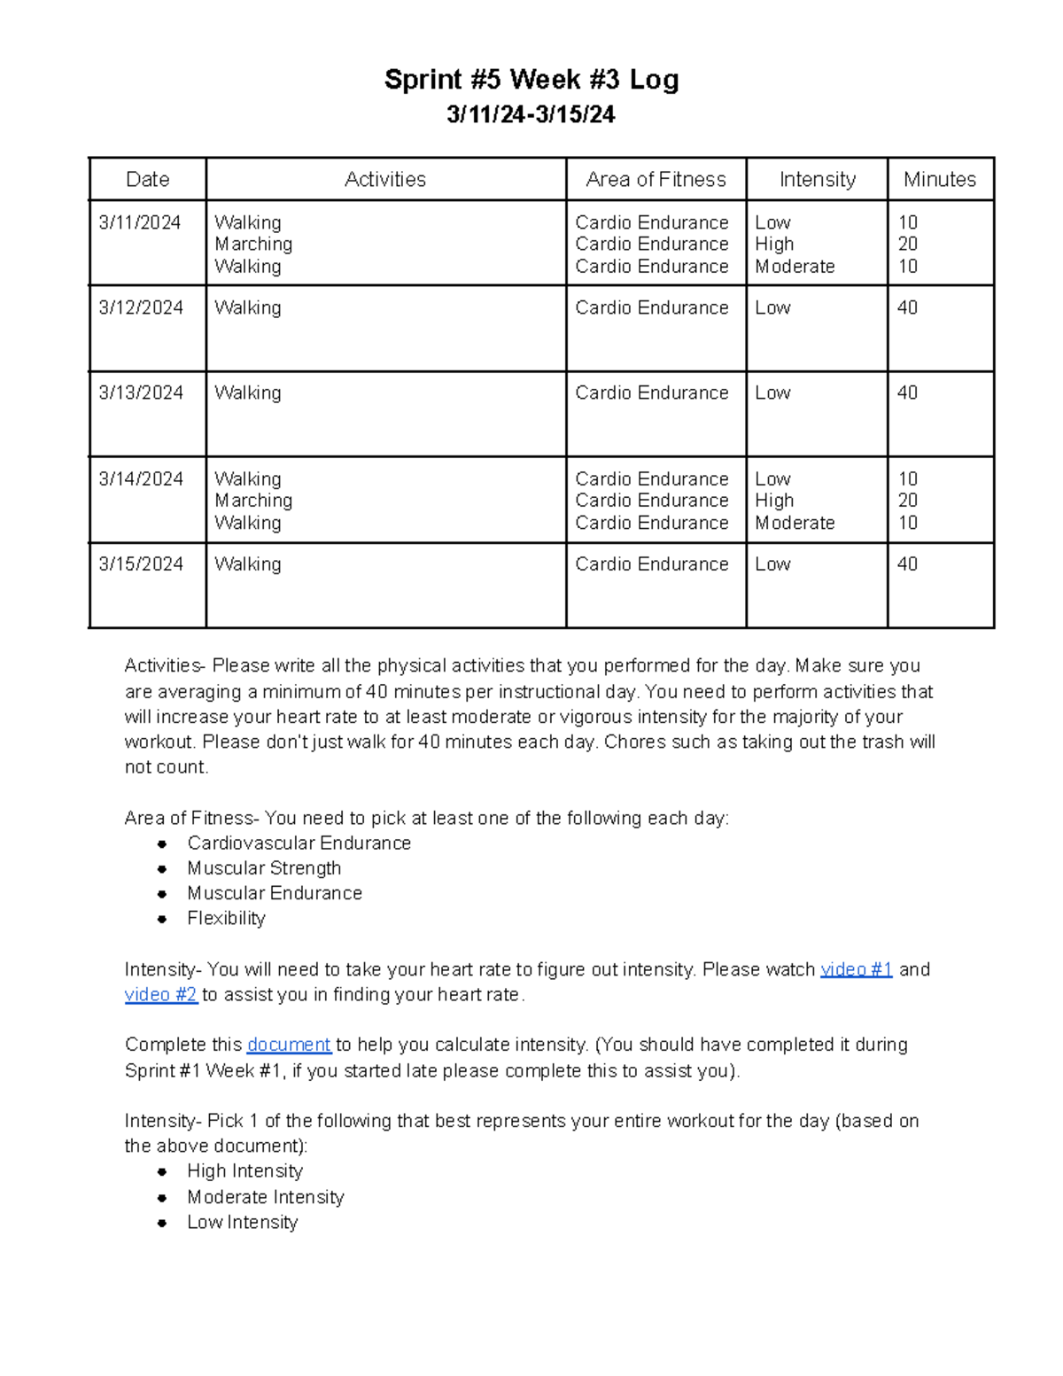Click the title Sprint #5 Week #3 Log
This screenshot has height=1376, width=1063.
click(x=531, y=80)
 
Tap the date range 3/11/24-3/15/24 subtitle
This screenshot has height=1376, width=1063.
click(x=531, y=115)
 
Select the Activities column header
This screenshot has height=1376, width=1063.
click(x=385, y=180)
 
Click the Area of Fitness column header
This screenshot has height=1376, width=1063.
click(x=656, y=180)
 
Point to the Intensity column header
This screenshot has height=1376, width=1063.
click(x=817, y=180)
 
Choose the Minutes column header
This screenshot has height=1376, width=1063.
click(x=939, y=180)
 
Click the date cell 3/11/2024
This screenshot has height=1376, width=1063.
click(x=140, y=222)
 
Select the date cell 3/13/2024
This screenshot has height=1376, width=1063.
click(x=141, y=393)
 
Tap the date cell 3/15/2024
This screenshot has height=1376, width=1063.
click(x=141, y=564)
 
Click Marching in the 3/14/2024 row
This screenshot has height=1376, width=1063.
click(x=253, y=501)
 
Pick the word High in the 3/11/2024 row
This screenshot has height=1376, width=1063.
click(x=774, y=245)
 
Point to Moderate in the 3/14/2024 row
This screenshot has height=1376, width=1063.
click(x=795, y=523)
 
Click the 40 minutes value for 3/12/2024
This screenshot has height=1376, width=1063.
click(x=907, y=307)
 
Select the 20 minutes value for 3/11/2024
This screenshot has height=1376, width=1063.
click(x=907, y=245)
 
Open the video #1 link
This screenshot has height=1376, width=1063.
click(x=856, y=969)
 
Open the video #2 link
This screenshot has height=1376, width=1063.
click(x=160, y=994)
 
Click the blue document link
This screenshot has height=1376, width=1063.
click(x=289, y=1045)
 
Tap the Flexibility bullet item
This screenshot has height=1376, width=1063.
click(x=226, y=918)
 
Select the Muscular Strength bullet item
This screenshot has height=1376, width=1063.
click(x=264, y=868)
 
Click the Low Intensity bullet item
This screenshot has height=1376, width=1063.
click(x=242, y=1222)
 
